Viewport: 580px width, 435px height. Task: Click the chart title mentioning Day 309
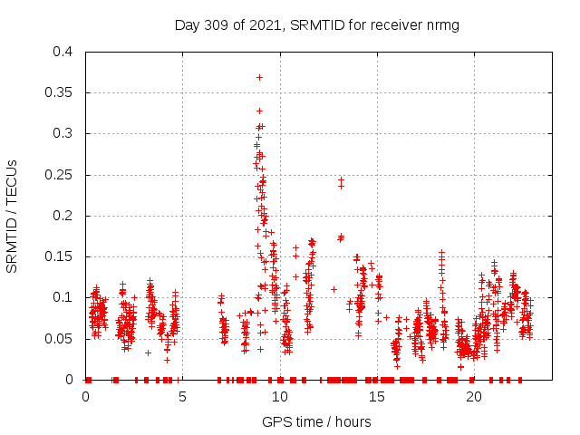316,25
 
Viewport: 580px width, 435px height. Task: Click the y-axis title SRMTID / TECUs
13,216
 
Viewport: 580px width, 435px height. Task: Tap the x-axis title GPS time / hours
316,421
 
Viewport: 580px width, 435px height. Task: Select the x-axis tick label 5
183,396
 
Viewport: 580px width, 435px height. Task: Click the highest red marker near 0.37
260,77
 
